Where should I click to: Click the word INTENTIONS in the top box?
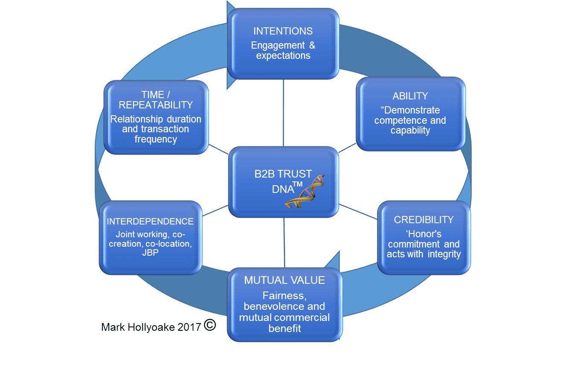point(283,31)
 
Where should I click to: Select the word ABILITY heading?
point(410,96)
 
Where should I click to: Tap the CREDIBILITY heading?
point(423,220)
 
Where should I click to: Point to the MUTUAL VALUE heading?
point(284,280)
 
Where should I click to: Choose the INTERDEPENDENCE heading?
point(150,222)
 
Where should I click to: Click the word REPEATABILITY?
point(156,105)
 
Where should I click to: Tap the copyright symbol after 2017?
point(210,325)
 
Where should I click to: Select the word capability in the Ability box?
point(410,131)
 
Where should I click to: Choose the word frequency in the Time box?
point(156,139)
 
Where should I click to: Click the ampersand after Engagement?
point(312,45)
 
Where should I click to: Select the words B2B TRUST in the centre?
point(283,174)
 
